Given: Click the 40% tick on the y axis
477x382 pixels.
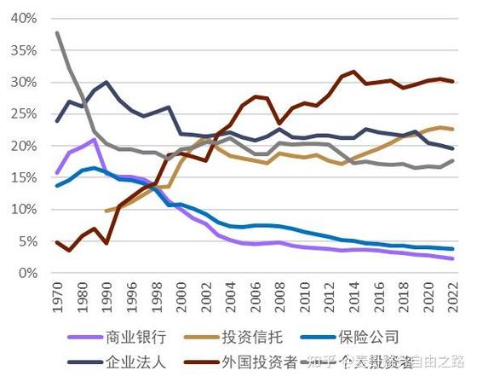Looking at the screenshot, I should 22,19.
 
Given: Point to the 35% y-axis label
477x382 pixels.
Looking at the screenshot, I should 22,50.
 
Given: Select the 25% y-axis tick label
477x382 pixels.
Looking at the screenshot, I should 22,114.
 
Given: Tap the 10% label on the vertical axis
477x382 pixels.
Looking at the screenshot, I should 22,210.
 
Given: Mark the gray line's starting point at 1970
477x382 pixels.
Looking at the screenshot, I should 57,33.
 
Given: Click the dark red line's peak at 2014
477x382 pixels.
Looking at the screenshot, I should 353,72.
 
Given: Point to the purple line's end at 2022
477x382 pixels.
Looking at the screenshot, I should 451,258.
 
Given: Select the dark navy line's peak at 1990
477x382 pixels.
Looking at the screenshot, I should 106,83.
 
